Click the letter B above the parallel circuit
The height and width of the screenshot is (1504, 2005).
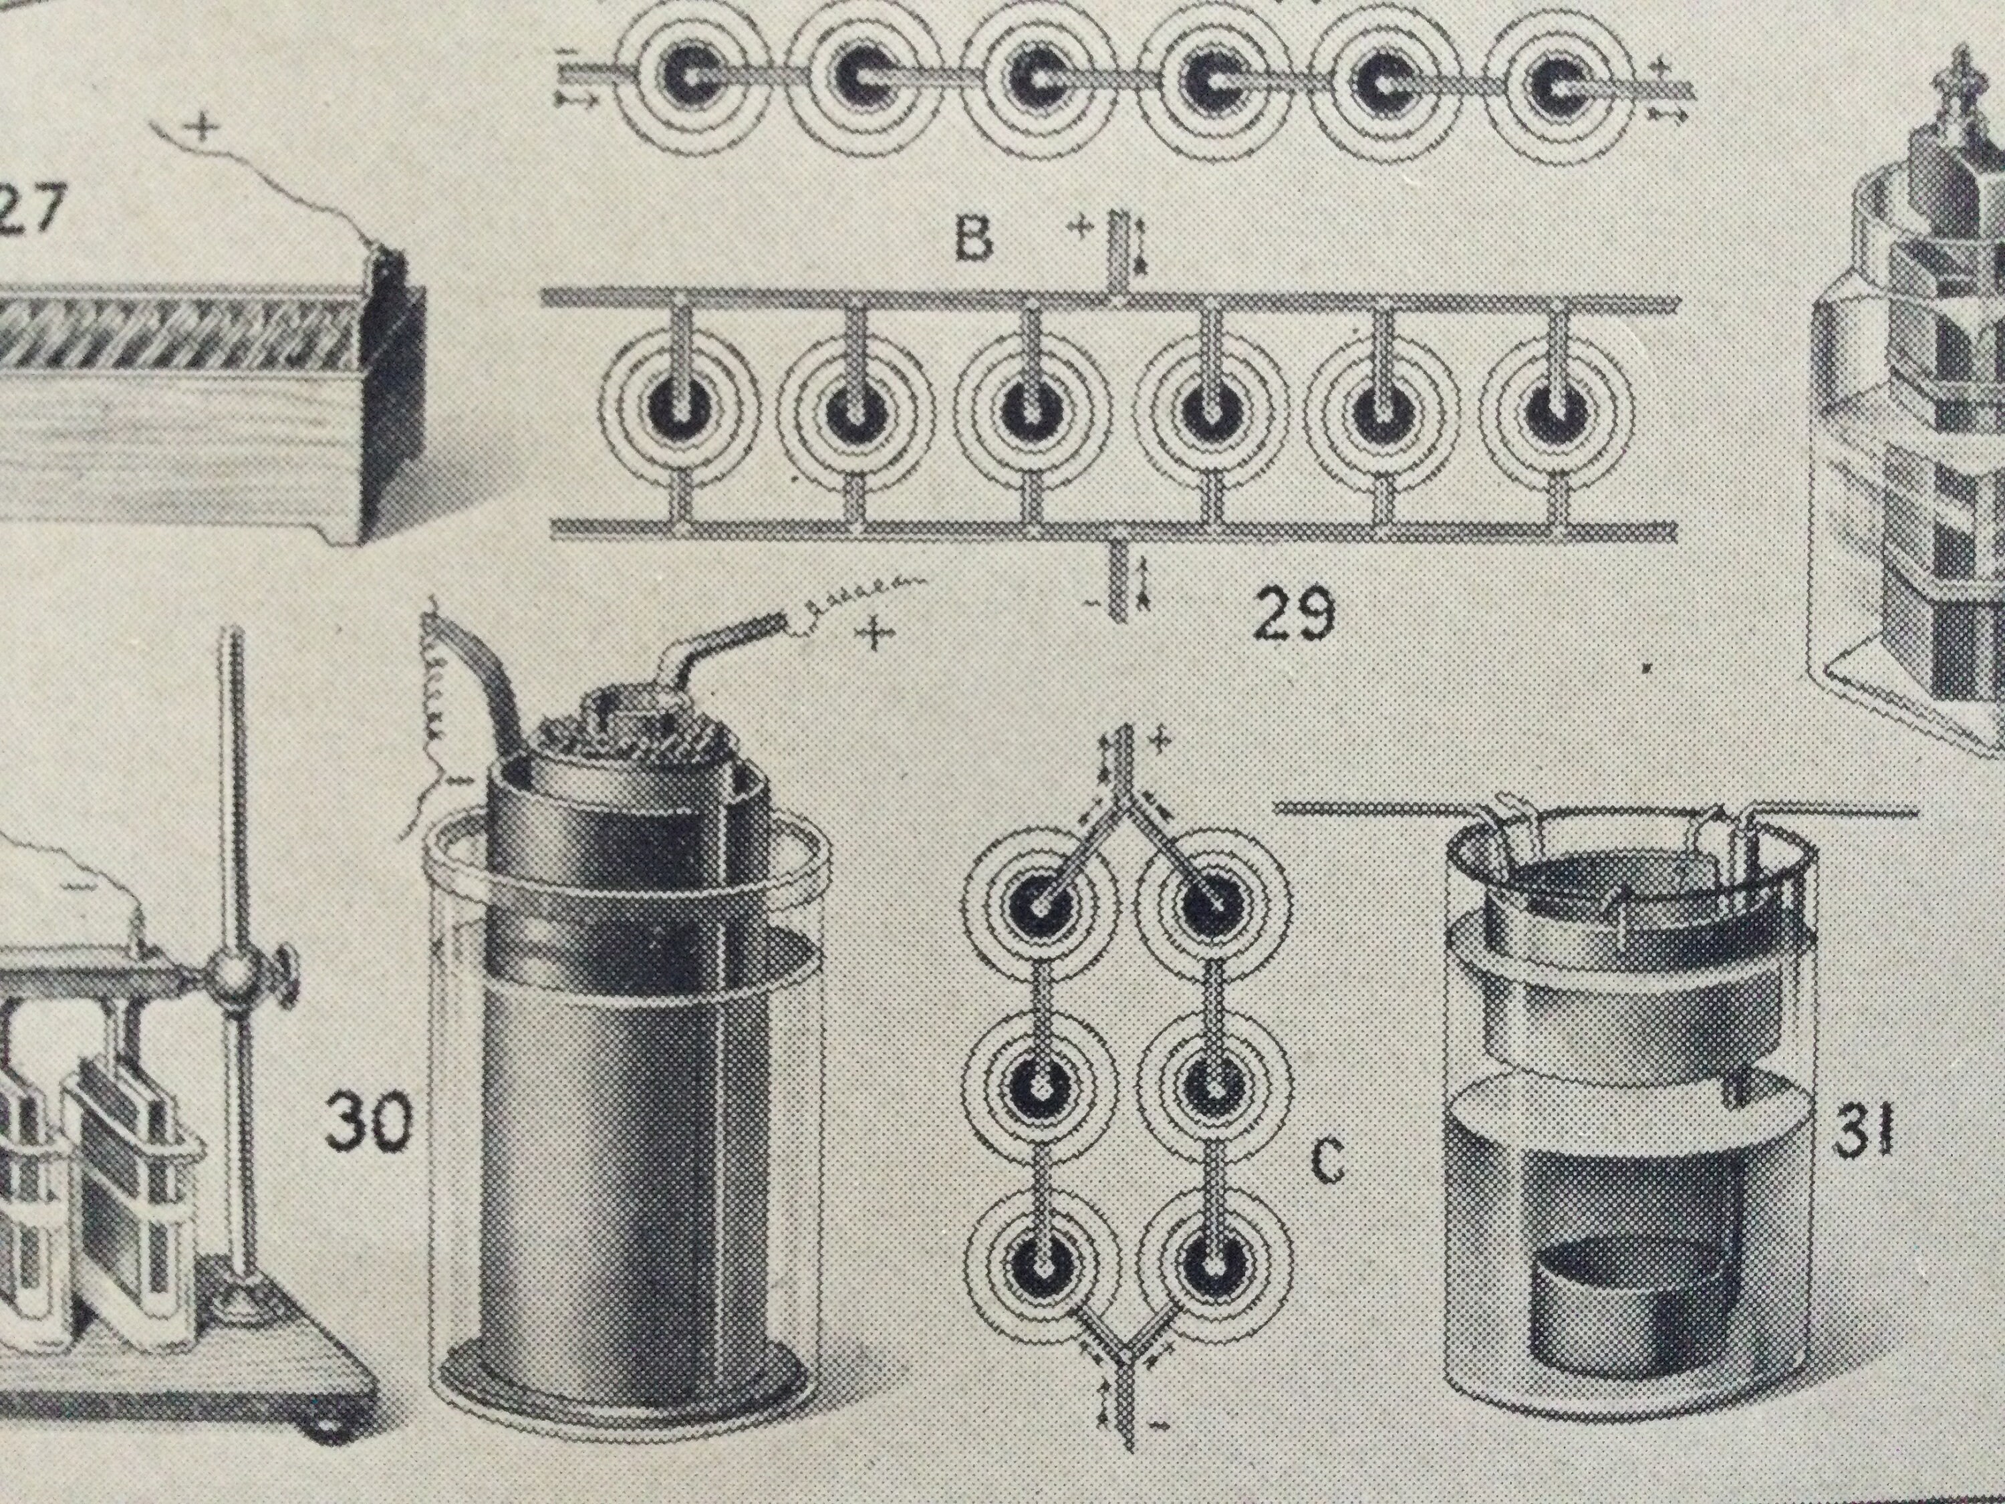[x=974, y=239]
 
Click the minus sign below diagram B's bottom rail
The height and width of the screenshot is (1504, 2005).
[x=1099, y=602]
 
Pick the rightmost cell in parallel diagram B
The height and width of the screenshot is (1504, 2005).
[x=1557, y=413]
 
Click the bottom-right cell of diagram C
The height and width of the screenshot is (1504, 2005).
[x=1213, y=1262]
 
